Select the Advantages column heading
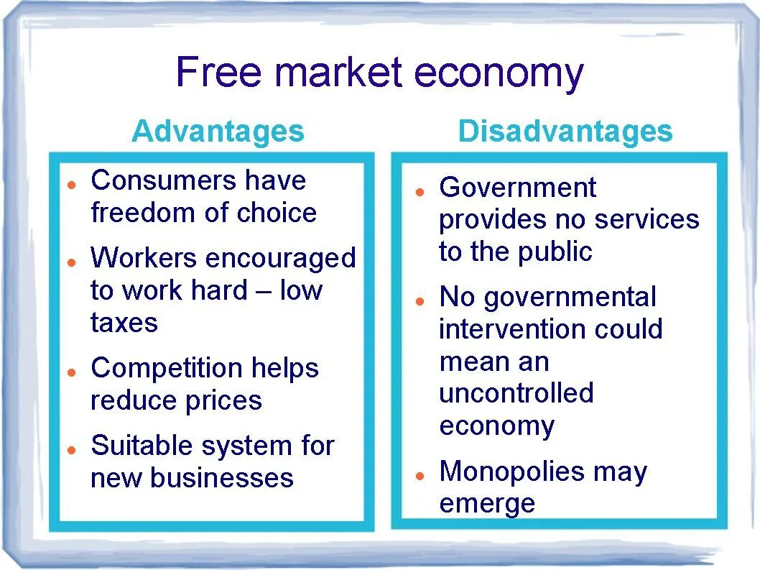tap(218, 132)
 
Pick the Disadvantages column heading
tap(565, 132)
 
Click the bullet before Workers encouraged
tap(72, 262)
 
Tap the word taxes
tap(124, 323)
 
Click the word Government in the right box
tap(517, 188)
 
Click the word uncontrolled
tap(516, 393)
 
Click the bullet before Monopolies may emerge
tap(420, 476)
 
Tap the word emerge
tap(487, 504)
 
